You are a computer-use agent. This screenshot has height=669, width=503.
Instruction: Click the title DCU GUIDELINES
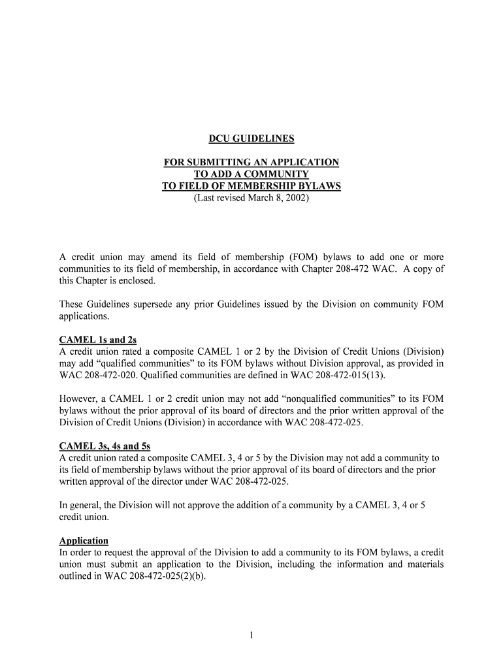coord(252,139)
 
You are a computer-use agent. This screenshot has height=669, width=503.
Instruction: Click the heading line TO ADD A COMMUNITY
coord(252,174)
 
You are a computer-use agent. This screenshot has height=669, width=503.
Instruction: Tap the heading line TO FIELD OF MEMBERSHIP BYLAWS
coord(252,186)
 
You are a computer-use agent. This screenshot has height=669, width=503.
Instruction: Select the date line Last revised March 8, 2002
coord(252,197)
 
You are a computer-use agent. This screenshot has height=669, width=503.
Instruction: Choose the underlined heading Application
coord(84,541)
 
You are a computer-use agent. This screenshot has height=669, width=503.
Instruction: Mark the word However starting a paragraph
coord(79,399)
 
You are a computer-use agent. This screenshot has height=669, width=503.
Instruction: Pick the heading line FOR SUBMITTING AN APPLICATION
coord(252,162)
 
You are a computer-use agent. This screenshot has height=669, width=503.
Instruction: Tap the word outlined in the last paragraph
coord(78,576)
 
